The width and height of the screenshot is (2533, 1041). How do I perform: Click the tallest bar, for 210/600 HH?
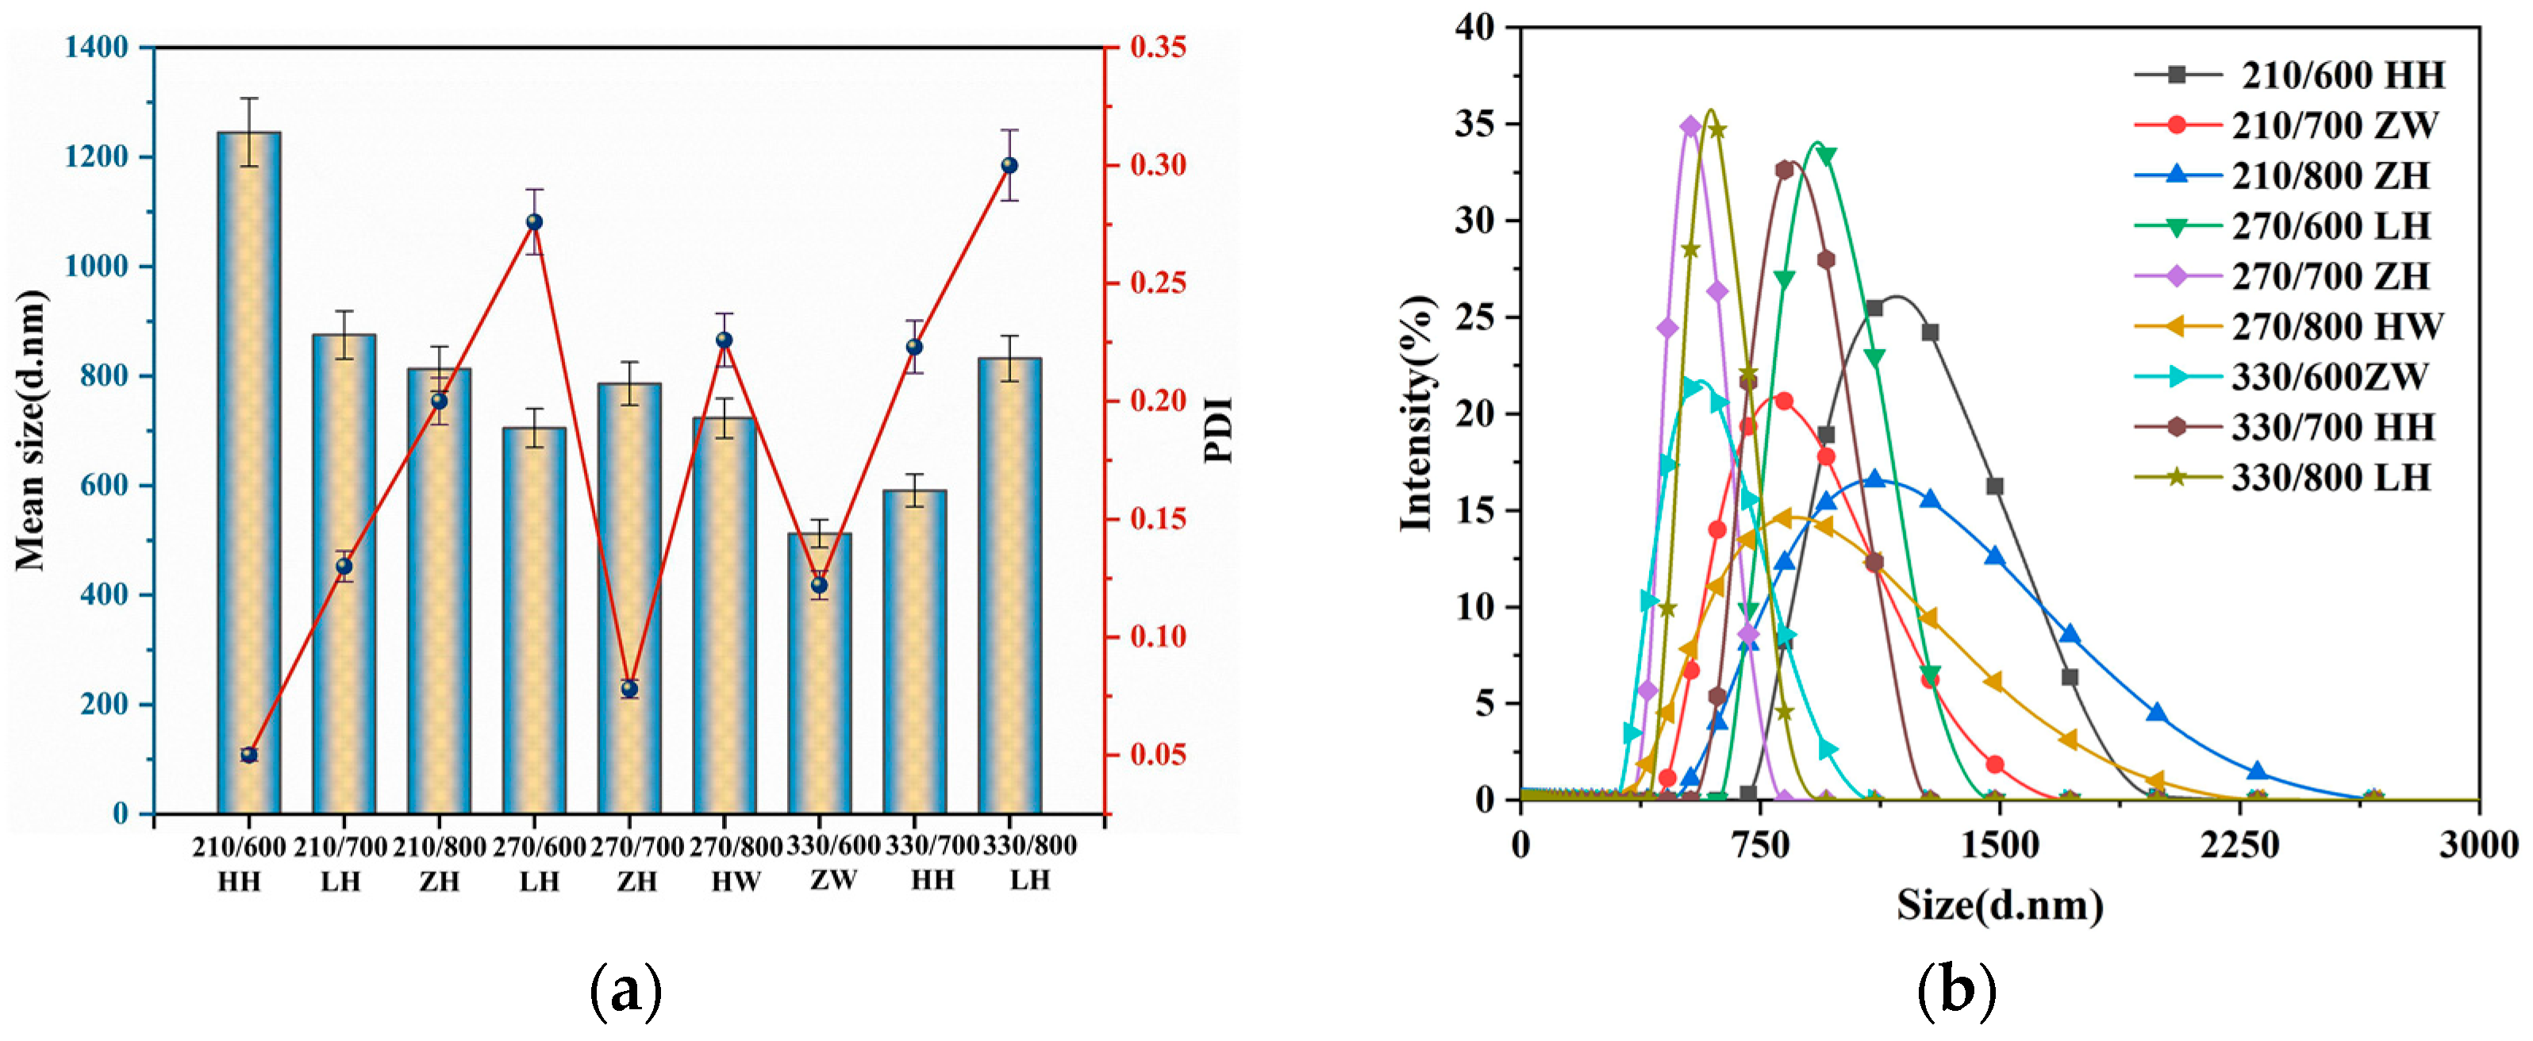click(x=249, y=472)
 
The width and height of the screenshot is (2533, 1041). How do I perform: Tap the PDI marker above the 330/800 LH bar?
click(x=1009, y=165)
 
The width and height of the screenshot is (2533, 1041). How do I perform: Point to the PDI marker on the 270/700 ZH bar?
click(x=629, y=689)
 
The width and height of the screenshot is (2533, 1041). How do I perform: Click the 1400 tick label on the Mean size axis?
click(x=96, y=47)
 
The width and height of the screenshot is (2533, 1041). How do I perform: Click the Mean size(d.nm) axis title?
click(x=32, y=431)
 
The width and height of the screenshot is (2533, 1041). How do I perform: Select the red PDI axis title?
click(x=1220, y=431)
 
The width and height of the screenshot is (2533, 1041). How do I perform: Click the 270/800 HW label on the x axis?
click(x=735, y=863)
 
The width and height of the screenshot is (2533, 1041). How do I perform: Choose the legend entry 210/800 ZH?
click(x=2331, y=176)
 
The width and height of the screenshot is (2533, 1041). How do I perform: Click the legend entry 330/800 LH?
click(x=2331, y=478)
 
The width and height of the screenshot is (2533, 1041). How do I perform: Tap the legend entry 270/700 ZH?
click(x=2331, y=277)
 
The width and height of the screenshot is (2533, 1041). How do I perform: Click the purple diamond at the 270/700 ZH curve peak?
click(x=1690, y=126)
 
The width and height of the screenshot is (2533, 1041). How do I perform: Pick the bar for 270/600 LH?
click(x=534, y=620)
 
